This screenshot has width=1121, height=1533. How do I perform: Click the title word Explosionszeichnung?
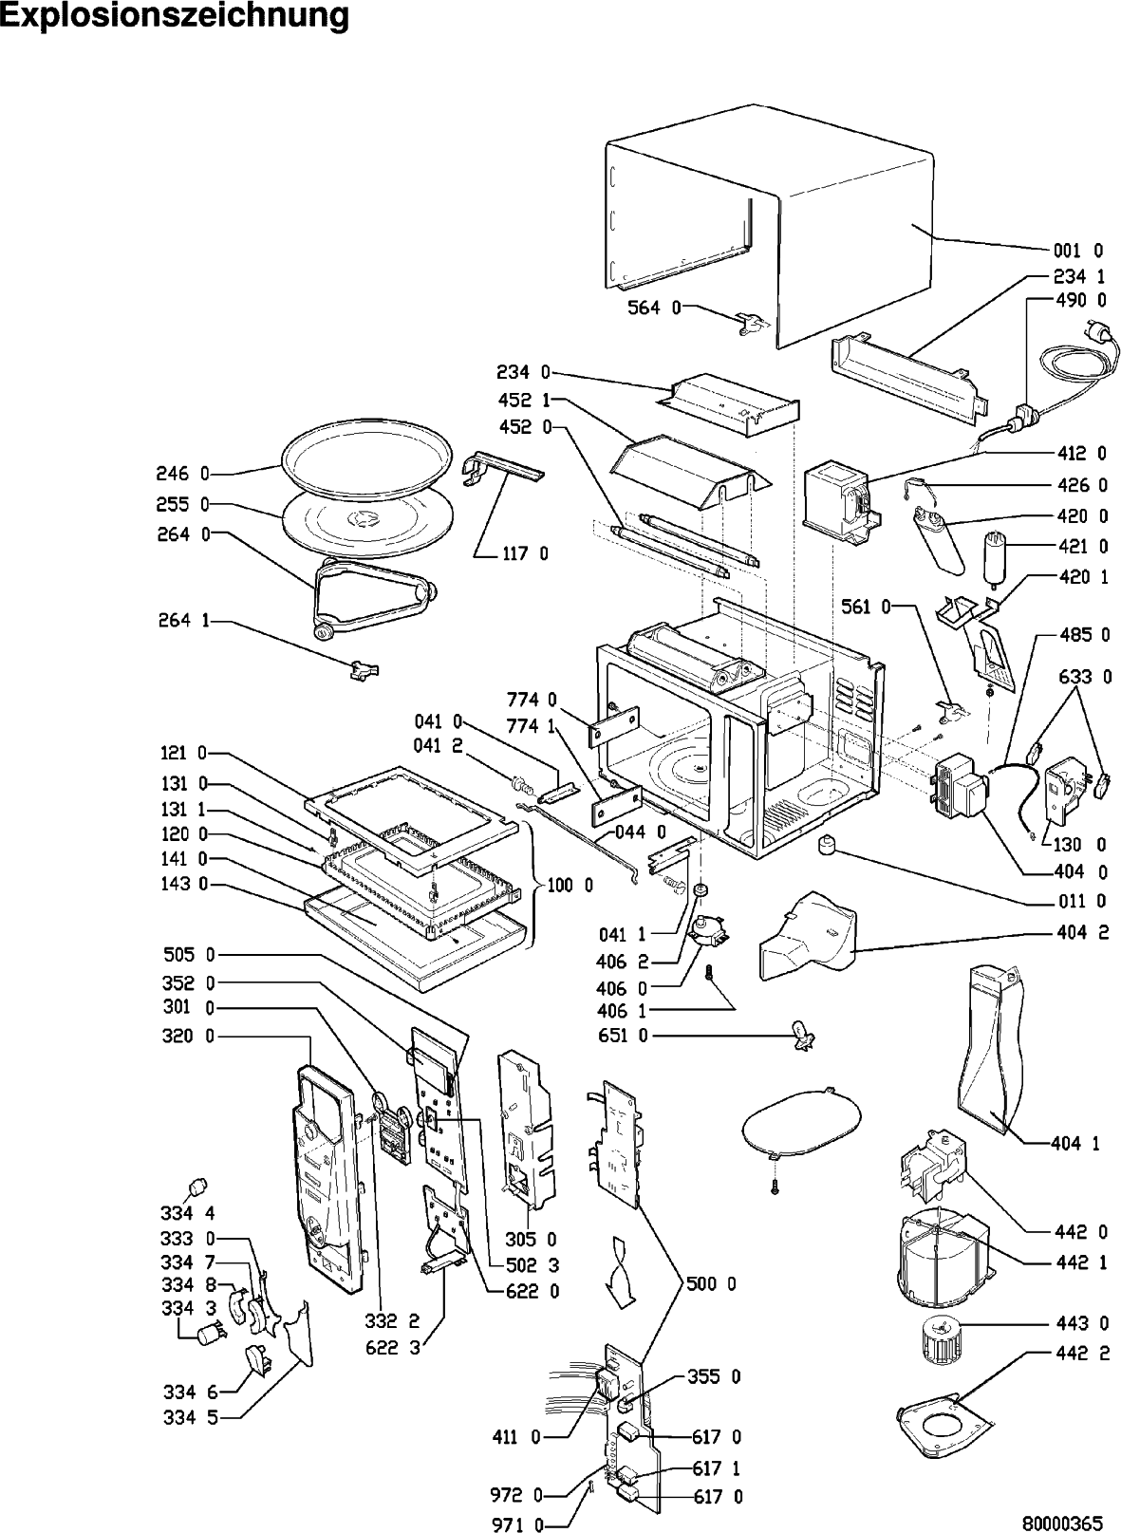pyautogui.click(x=175, y=16)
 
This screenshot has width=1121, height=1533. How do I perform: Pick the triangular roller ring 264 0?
pyautogui.click(x=370, y=597)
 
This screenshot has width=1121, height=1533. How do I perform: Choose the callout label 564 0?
pyautogui.click(x=654, y=308)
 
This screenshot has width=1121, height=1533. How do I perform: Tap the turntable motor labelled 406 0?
pyautogui.click(x=710, y=931)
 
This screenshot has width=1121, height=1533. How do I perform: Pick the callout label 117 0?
pyautogui.click(x=525, y=553)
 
